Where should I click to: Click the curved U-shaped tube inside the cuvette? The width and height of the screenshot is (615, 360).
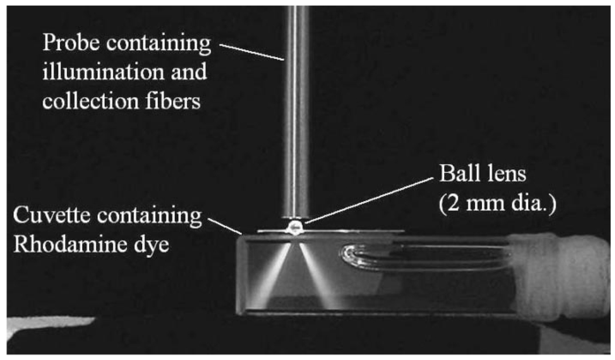351,256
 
